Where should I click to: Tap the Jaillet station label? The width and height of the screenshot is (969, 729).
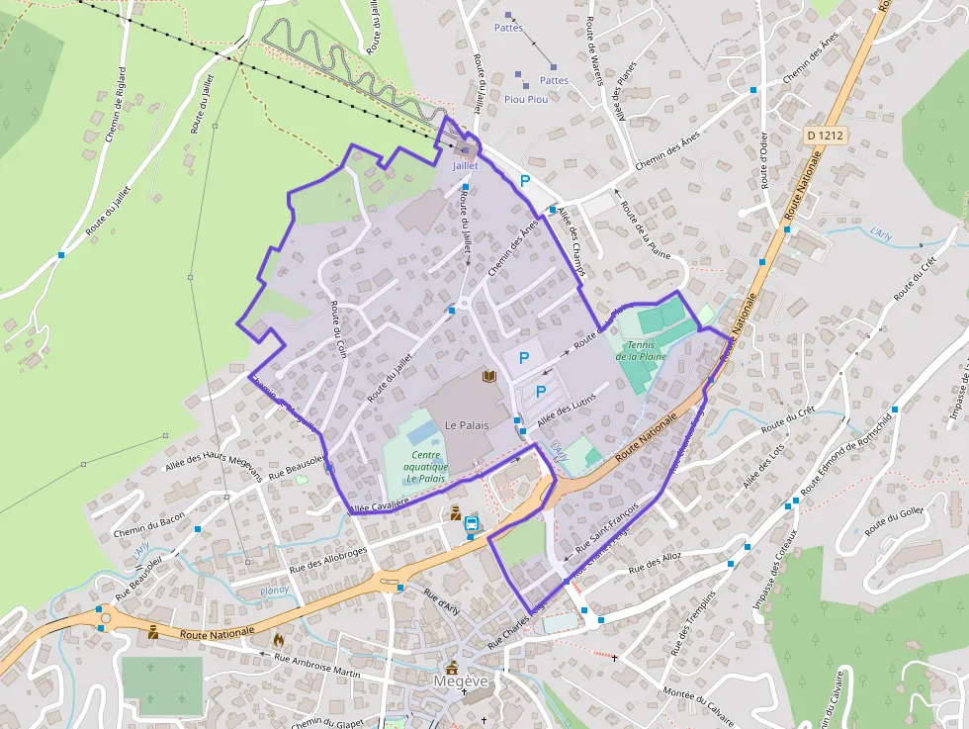click(466, 165)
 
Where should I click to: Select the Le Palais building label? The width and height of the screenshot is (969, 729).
click(468, 424)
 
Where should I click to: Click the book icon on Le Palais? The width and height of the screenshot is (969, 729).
click(488, 376)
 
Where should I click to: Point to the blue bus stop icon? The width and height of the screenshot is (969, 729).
click(473, 524)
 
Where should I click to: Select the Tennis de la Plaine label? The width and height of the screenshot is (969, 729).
click(641, 350)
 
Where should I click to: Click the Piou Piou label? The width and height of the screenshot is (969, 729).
click(526, 99)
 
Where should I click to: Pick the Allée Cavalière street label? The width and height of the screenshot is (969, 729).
click(380, 505)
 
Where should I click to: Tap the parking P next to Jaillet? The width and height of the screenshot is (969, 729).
click(525, 181)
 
